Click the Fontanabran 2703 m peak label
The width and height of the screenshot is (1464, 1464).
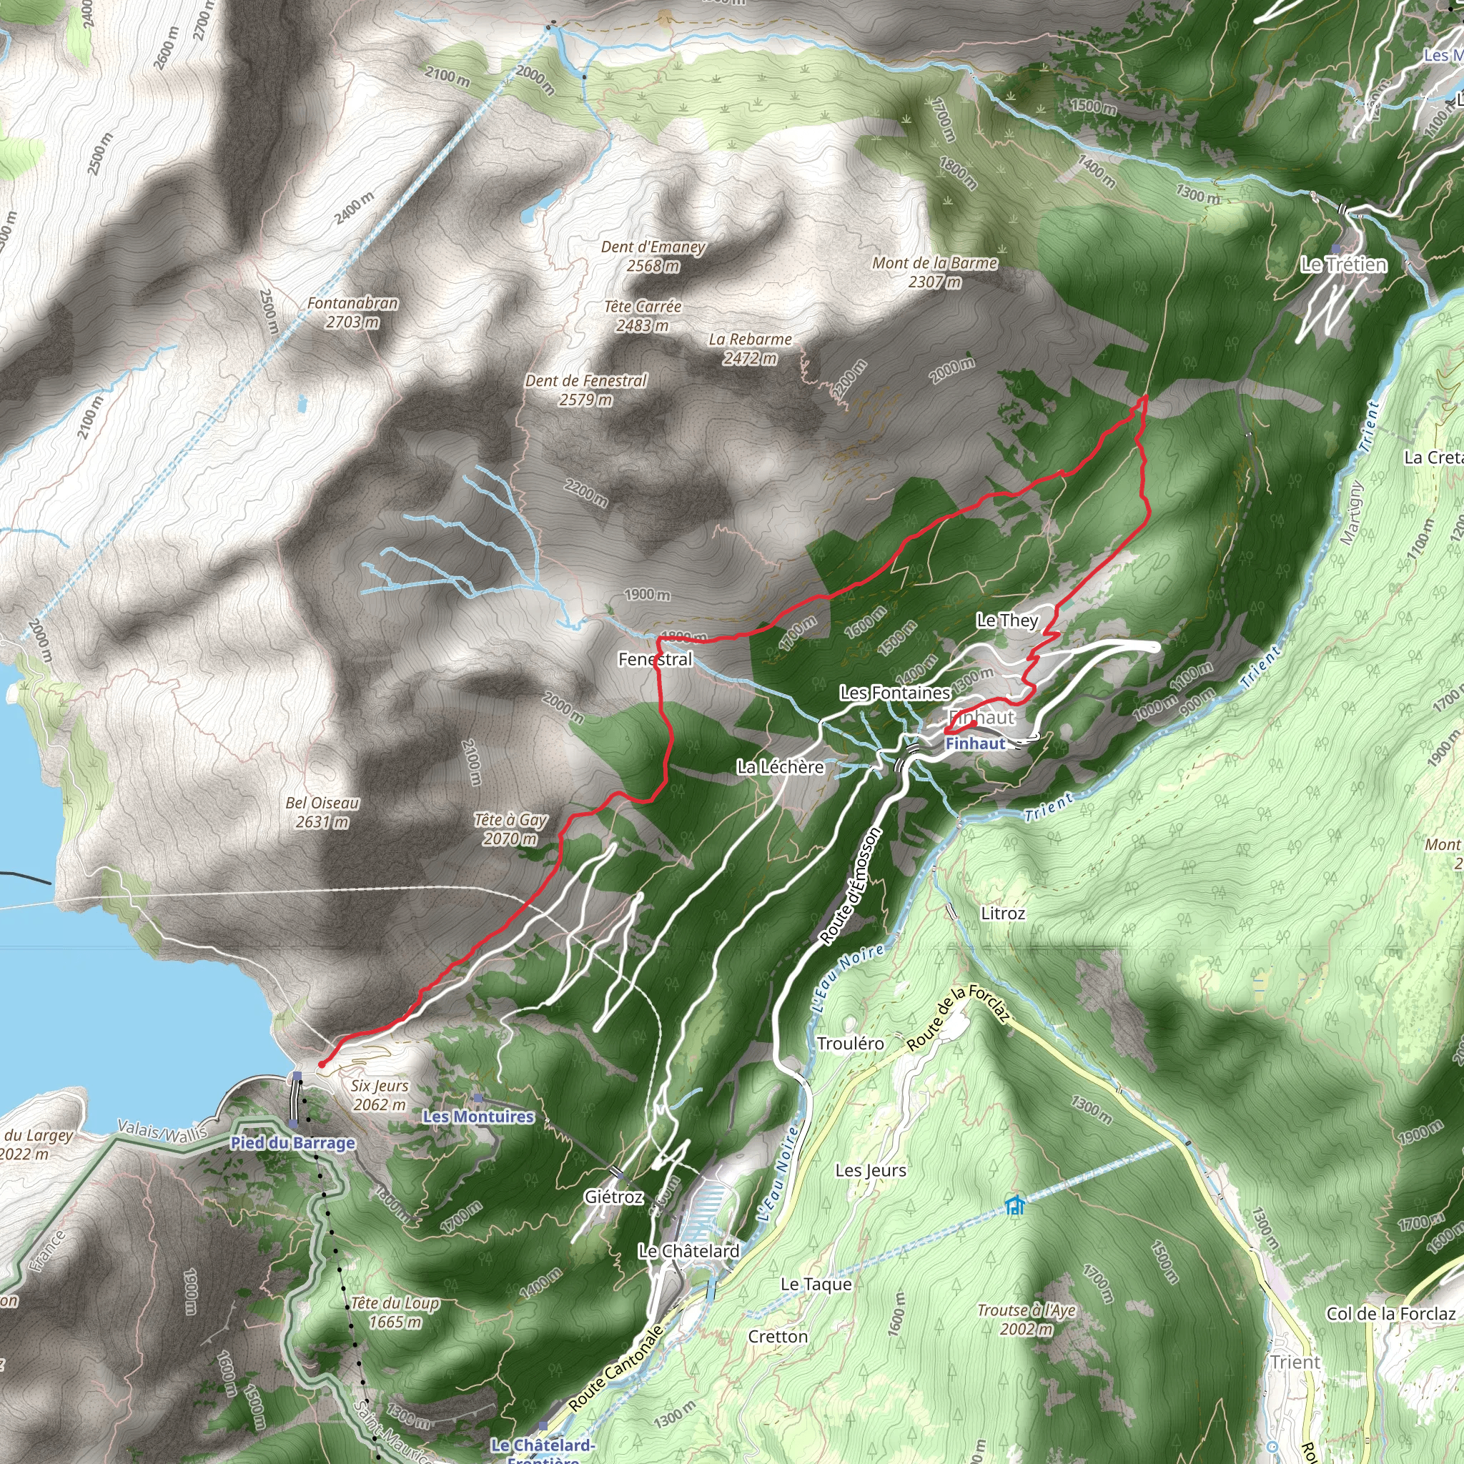pyautogui.click(x=352, y=312)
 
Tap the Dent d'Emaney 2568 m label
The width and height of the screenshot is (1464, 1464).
pyautogui.click(x=653, y=256)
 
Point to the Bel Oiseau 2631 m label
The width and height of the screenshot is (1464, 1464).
pyautogui.click(x=322, y=811)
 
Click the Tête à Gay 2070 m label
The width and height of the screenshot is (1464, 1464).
pyautogui.click(x=510, y=829)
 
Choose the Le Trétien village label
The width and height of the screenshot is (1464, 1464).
pyautogui.click(x=1343, y=264)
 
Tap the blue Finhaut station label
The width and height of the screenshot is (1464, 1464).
pyautogui.click(x=975, y=743)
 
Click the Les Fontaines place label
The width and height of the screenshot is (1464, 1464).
pyautogui.click(x=895, y=692)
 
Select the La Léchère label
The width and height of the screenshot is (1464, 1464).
pyautogui.click(x=781, y=767)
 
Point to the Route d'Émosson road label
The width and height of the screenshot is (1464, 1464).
pyautogui.click(x=850, y=886)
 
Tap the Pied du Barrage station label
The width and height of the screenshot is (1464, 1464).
pyautogui.click(x=292, y=1143)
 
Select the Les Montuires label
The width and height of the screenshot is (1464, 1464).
pyautogui.click(x=478, y=1116)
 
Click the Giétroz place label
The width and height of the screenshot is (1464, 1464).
pyautogui.click(x=614, y=1197)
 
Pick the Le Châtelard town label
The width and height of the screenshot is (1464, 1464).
pyautogui.click(x=689, y=1251)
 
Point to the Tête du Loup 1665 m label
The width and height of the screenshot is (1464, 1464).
pyautogui.click(x=395, y=1312)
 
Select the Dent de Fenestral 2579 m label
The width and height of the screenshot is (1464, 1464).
pyautogui.click(x=585, y=390)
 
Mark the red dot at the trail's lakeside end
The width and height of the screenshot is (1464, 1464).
pyautogui.click(x=321, y=1064)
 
